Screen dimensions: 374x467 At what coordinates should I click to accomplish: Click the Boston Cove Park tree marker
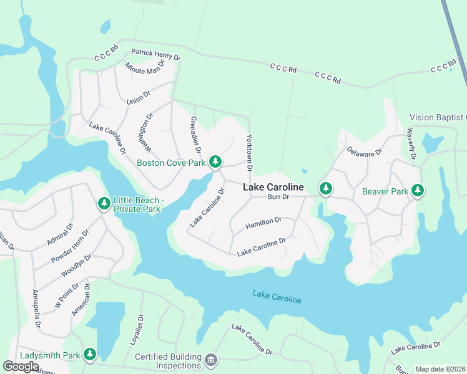215,162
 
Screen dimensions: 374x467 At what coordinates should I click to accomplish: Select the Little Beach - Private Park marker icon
104,204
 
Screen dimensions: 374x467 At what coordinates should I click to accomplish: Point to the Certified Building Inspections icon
211,360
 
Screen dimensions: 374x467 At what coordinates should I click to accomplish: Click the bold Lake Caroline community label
273,187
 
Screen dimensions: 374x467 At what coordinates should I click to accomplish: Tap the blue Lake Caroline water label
277,297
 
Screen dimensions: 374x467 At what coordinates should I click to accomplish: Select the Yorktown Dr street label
249,153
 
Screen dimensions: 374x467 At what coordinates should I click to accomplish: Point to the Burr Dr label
278,197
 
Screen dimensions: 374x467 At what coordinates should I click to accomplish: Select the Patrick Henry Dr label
155,55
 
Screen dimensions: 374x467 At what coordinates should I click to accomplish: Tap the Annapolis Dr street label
36,310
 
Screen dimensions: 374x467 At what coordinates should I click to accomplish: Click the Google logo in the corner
21,366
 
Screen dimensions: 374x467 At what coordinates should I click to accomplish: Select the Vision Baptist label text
438,117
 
